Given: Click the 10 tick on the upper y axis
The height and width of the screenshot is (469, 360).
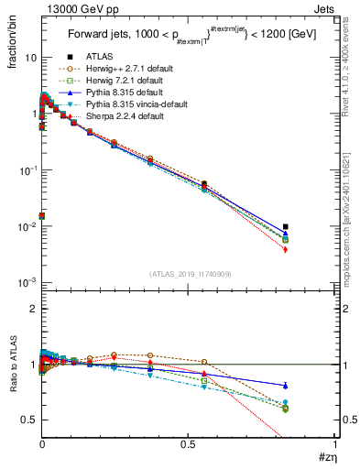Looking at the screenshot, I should point(29,57).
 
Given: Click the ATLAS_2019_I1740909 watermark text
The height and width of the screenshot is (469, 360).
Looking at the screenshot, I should point(189,275).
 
